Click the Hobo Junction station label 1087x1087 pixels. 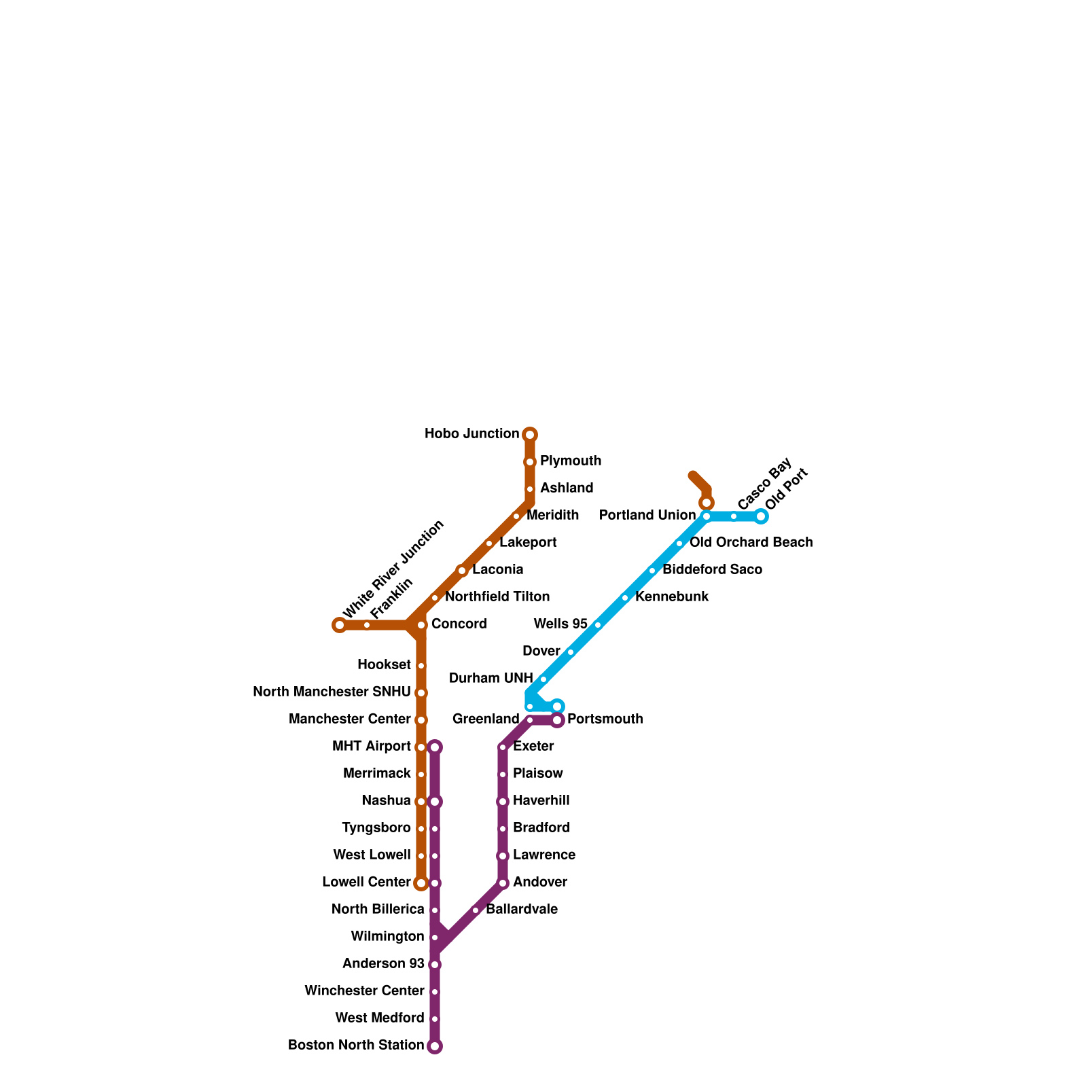tap(471, 434)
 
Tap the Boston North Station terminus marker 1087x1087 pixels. tap(435, 1046)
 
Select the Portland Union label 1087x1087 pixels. tap(647, 516)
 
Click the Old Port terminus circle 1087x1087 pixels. tap(761, 516)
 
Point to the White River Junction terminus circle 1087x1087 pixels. tap(340, 625)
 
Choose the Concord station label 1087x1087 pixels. tap(459, 624)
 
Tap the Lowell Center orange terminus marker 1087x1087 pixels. tap(421, 883)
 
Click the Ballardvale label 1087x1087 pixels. tap(521, 910)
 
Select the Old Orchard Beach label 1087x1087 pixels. tap(751, 543)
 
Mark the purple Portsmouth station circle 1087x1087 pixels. tap(557, 720)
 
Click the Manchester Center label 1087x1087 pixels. tap(349, 719)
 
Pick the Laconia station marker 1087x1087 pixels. tap(462, 571)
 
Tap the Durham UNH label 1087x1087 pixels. tap(491, 679)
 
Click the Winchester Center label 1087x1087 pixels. tap(364, 991)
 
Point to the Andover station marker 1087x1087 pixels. tap(503, 883)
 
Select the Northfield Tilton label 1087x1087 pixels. tap(497, 597)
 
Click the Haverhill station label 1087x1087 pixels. tap(541, 801)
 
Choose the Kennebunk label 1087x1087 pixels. tap(671, 597)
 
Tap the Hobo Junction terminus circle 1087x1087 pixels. tap(530, 435)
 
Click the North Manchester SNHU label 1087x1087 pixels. tap(332, 692)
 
